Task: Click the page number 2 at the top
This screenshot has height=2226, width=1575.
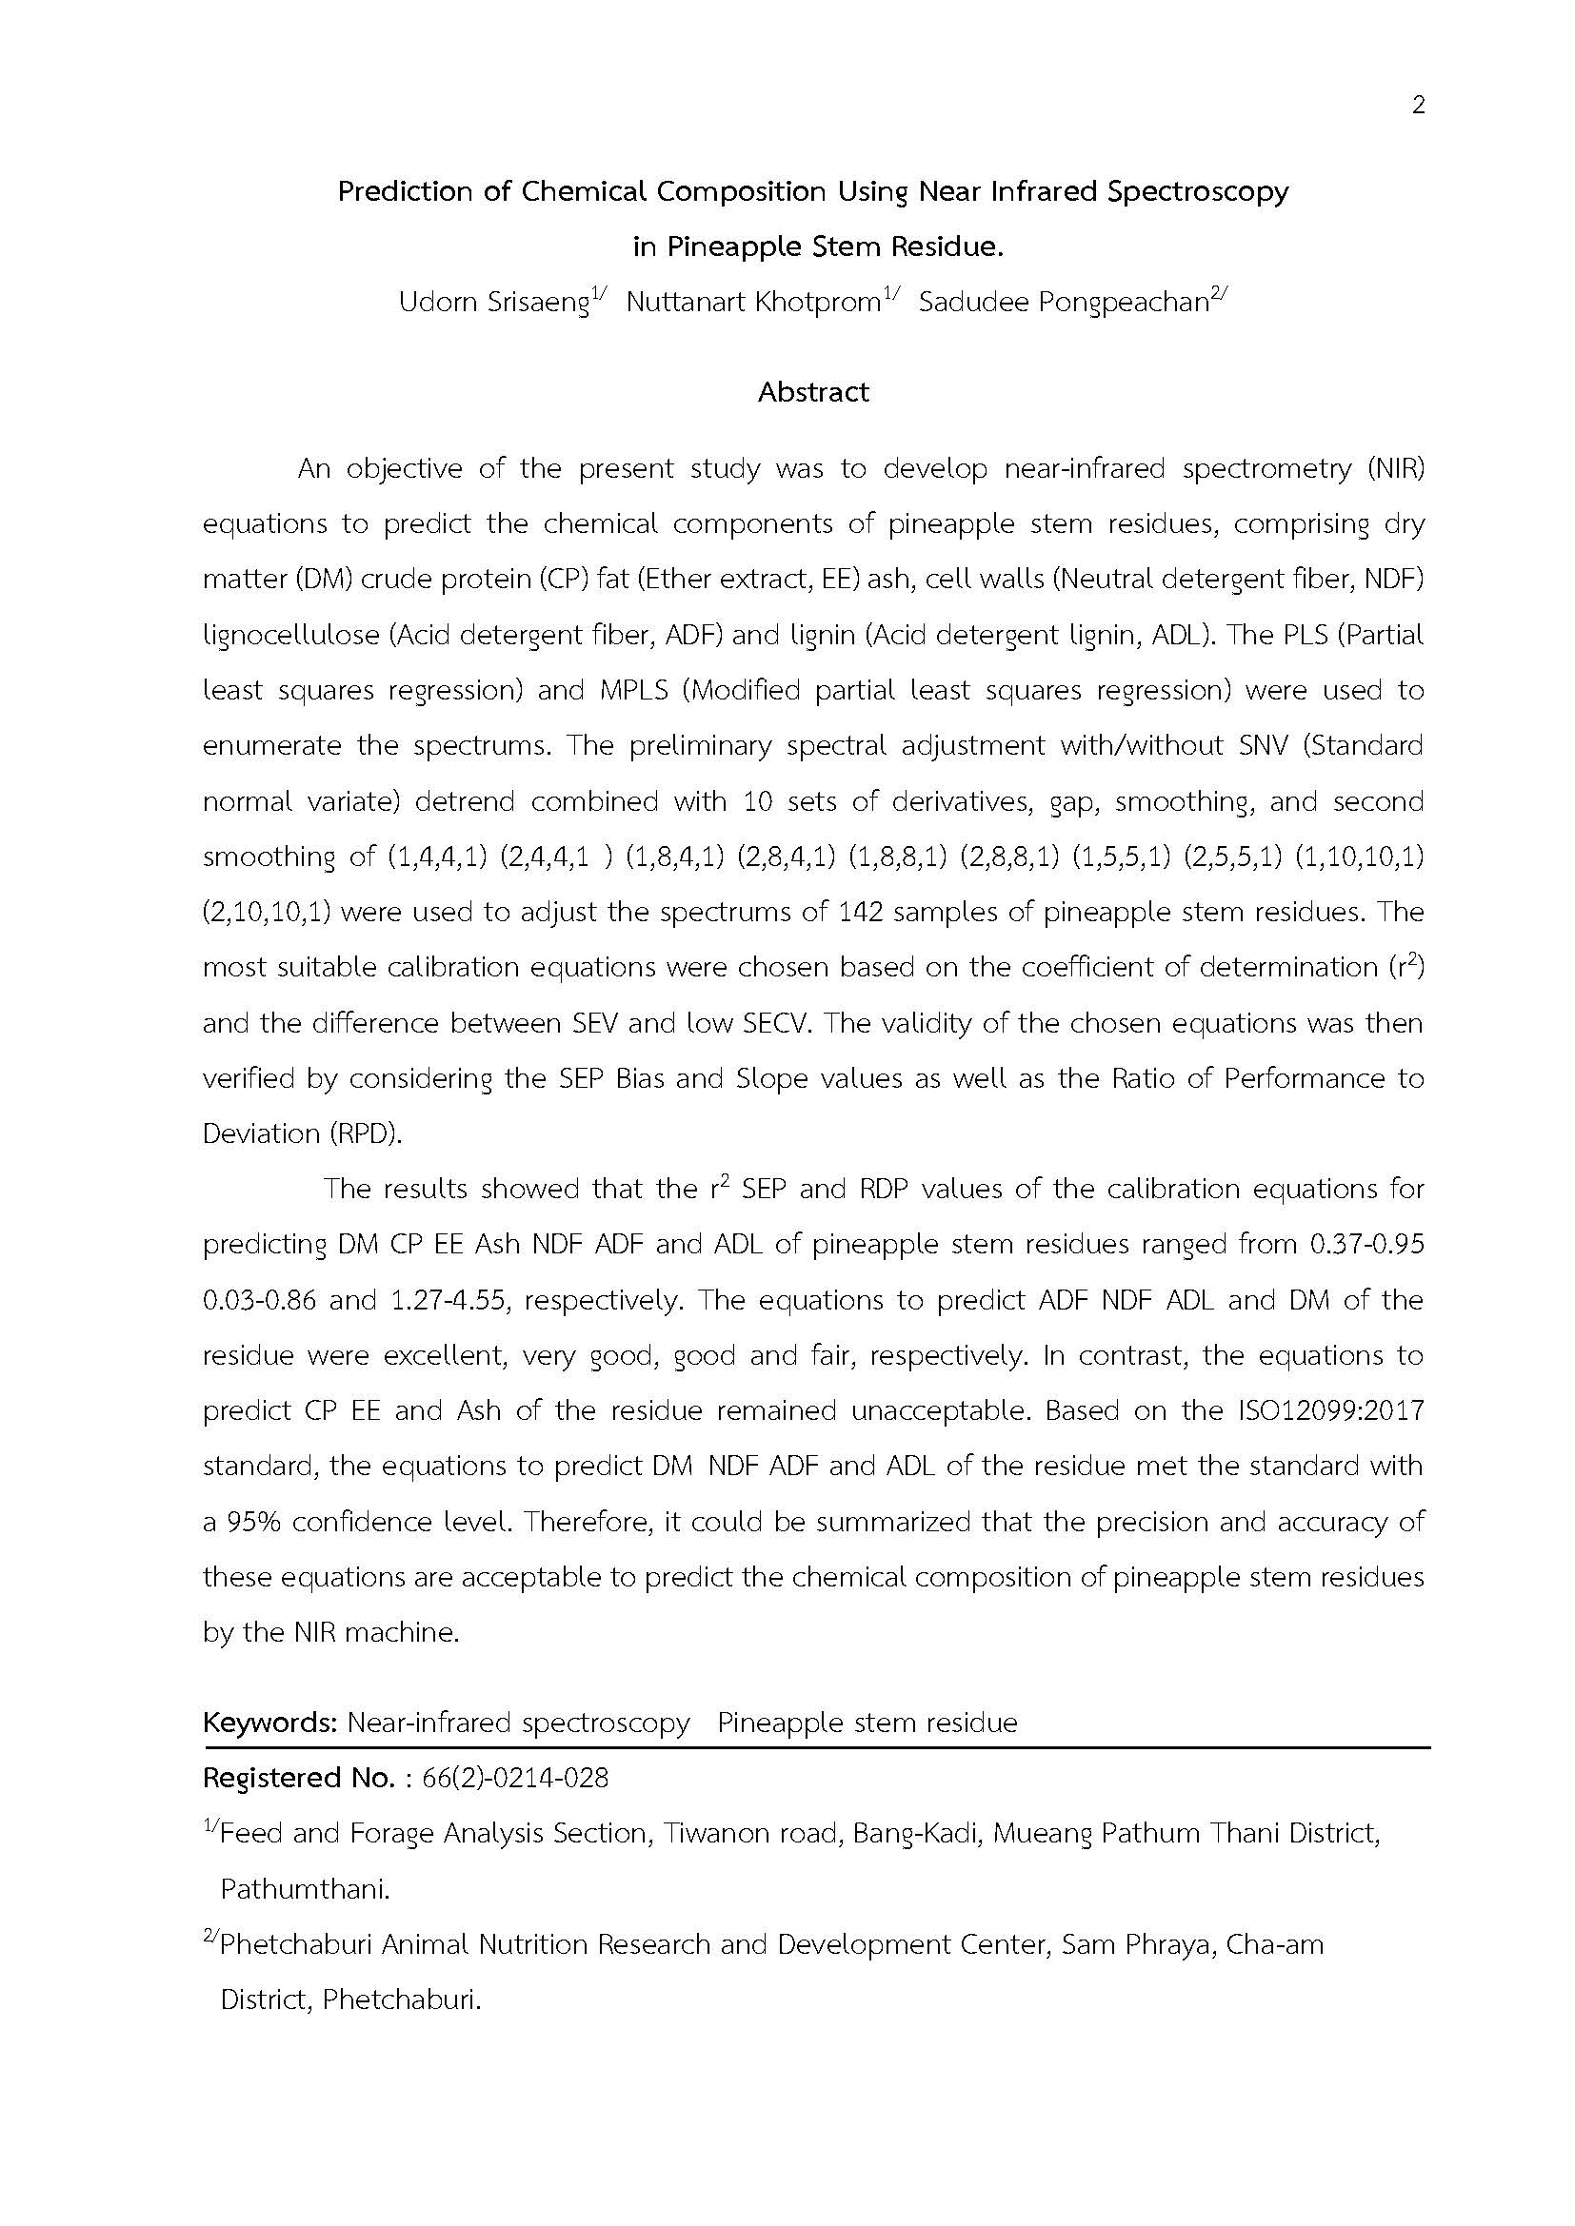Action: click(1418, 106)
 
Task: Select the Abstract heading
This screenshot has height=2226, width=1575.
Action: click(812, 392)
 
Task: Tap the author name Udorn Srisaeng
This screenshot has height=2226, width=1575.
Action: click(493, 303)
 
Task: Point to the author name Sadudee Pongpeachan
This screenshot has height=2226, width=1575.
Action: click(1064, 303)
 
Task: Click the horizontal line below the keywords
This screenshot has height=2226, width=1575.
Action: click(815, 1748)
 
